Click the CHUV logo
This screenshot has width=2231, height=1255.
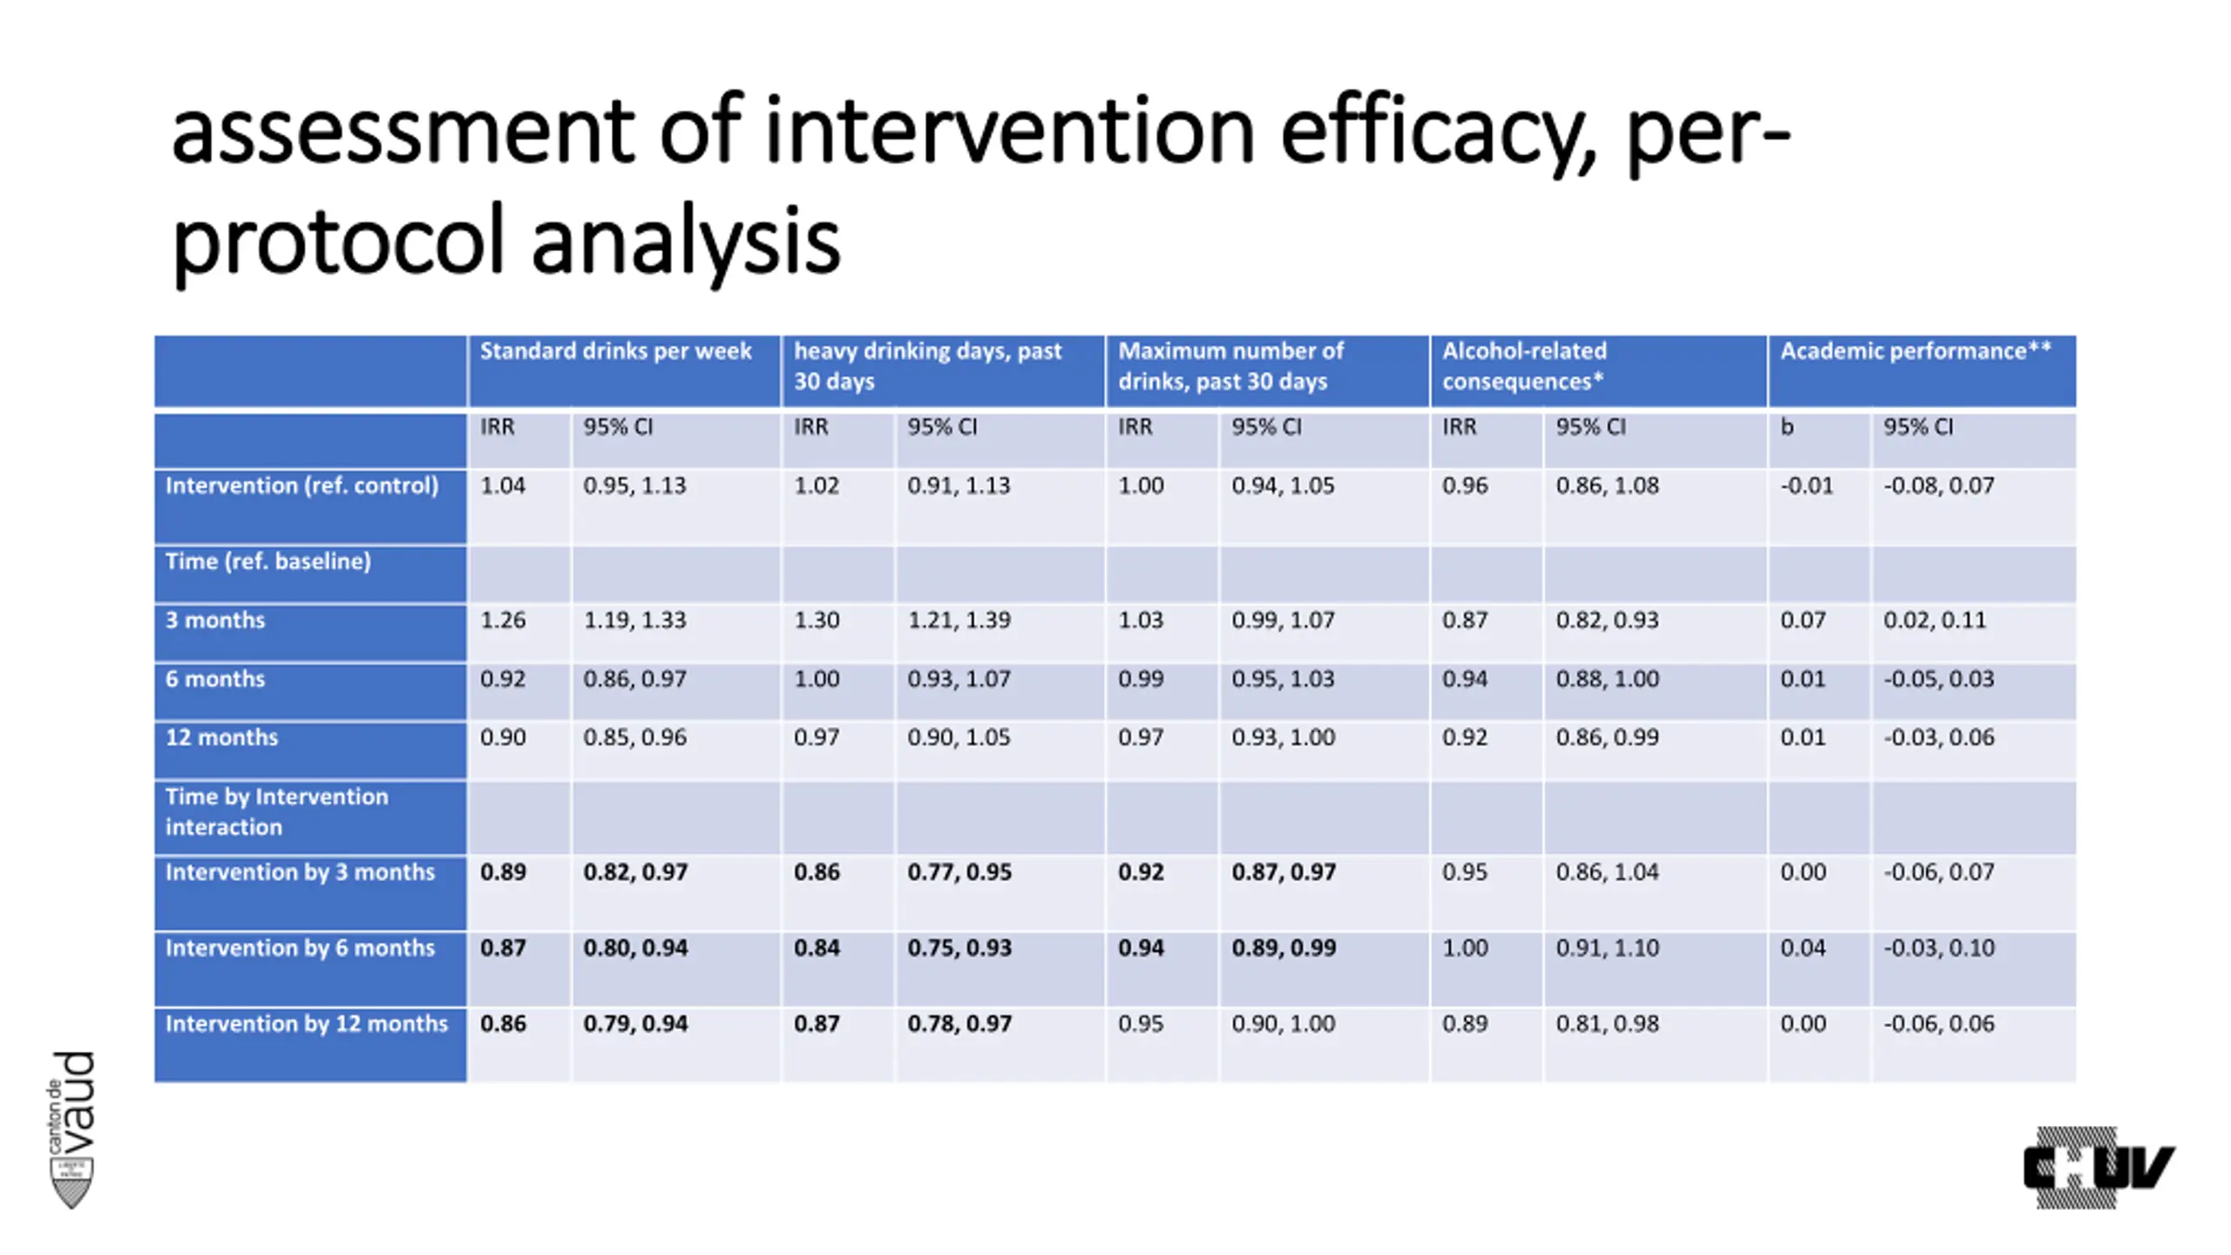coord(2099,1167)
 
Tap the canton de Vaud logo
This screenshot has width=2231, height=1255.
coord(71,1129)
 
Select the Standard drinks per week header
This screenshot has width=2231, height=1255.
coord(615,351)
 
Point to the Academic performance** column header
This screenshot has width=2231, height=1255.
coord(1916,351)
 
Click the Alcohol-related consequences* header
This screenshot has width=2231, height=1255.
coord(1523,366)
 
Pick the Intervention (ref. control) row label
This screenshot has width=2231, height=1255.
coord(302,485)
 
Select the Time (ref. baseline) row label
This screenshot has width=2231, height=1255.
coord(268,561)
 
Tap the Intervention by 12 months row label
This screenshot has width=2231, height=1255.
coord(306,1023)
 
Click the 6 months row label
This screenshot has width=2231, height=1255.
coord(215,679)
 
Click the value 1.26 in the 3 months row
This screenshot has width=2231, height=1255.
coord(503,621)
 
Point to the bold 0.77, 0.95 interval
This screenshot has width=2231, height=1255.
coord(959,872)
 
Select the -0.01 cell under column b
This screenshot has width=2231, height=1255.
coord(1806,485)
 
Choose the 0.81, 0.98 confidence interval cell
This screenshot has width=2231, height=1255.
coord(1607,1023)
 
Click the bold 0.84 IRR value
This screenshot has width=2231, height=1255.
coord(817,948)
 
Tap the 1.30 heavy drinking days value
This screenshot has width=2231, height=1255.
coord(817,621)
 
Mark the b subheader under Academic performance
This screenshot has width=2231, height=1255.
coord(1787,427)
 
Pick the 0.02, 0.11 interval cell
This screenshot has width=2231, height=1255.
coord(1934,621)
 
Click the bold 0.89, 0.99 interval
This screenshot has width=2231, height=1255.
coord(1283,948)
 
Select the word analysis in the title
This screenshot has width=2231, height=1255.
coord(685,241)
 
